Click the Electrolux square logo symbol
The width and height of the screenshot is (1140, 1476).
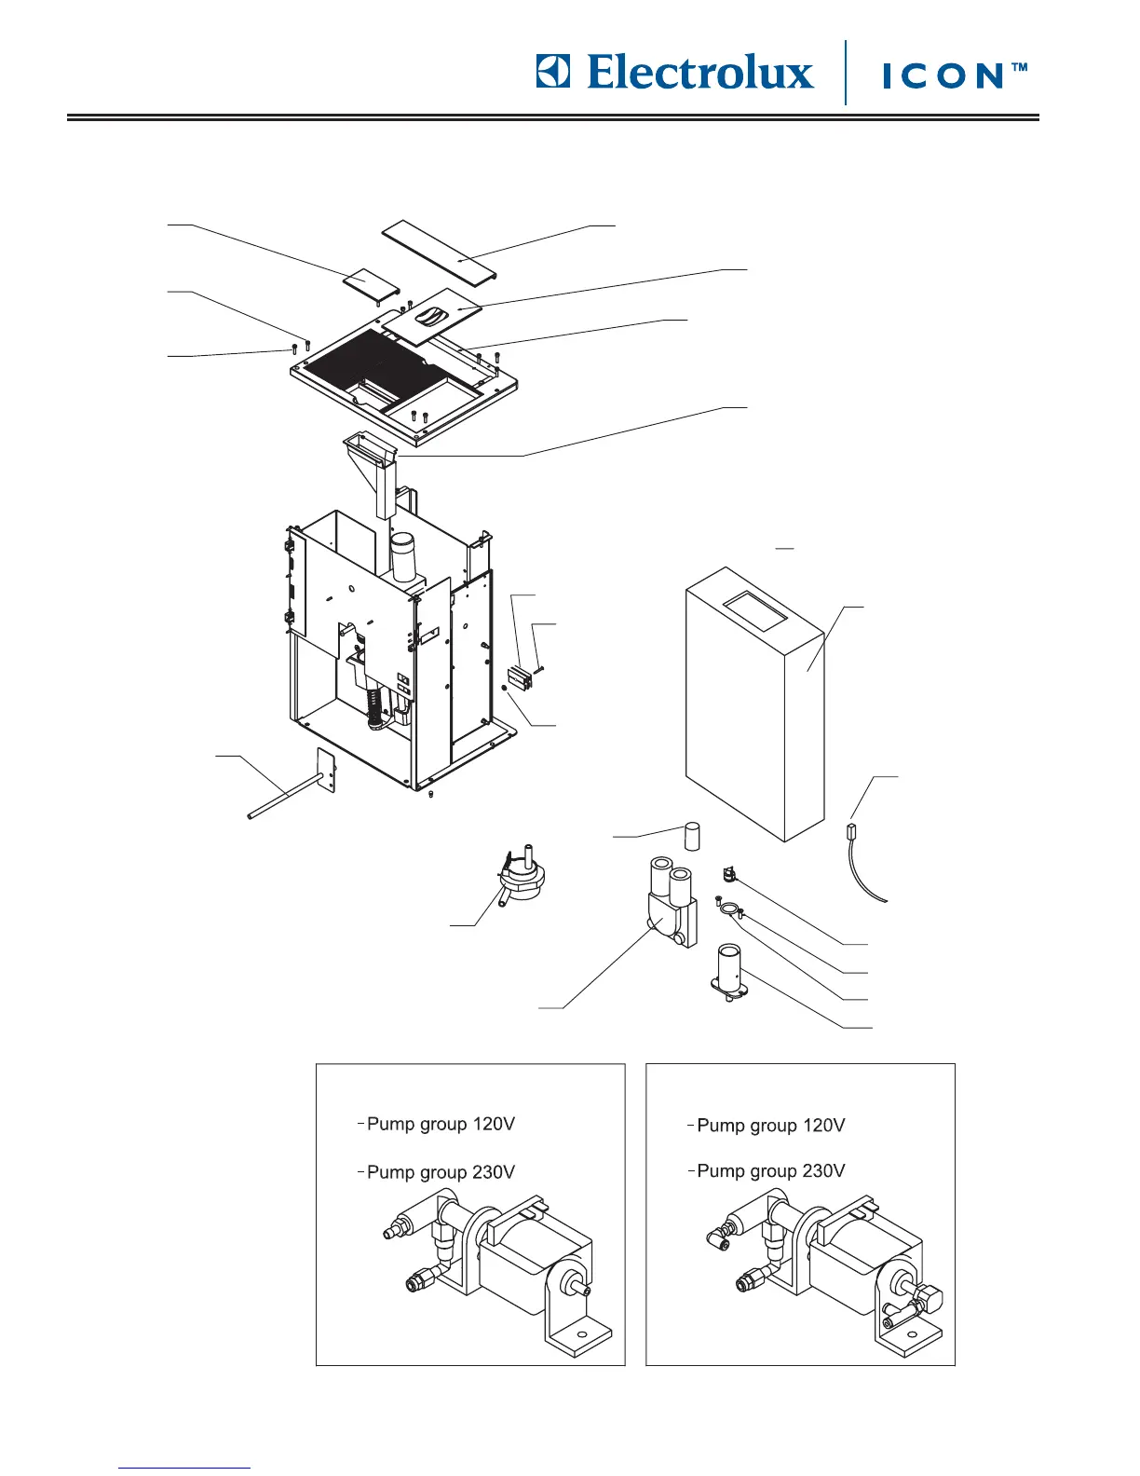[x=552, y=72]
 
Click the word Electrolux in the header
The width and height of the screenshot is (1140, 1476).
[x=700, y=73]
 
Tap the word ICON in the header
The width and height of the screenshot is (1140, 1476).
[x=942, y=75]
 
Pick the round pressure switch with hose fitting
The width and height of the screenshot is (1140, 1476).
[x=522, y=876]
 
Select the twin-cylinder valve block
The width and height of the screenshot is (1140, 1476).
[x=668, y=904]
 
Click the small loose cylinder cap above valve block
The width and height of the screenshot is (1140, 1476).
[x=693, y=835]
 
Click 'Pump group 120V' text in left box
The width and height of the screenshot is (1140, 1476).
[x=441, y=1124]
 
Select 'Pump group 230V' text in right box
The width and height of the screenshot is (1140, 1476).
[x=771, y=1171]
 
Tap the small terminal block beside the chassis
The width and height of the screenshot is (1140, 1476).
[x=519, y=678]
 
